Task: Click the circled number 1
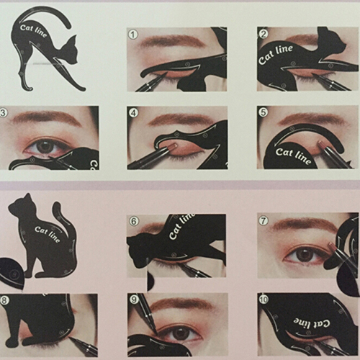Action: pyautogui.click(x=133, y=35)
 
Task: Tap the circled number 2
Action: pyautogui.click(x=264, y=34)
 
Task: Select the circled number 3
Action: pyautogui.click(x=3, y=113)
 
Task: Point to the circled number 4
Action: pyautogui.click(x=133, y=113)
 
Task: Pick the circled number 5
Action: pyautogui.click(x=264, y=112)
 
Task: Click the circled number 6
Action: pyautogui.click(x=134, y=221)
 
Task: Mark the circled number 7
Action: pyautogui.click(x=264, y=220)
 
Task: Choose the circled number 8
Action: pyautogui.click(x=4, y=300)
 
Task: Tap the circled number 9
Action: pyautogui.click(x=134, y=300)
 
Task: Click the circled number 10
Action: pyautogui.click(x=264, y=300)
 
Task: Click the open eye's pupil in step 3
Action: pyautogui.click(x=44, y=146)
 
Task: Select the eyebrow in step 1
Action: pyautogui.click(x=172, y=41)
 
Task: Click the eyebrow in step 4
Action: pyautogui.click(x=179, y=120)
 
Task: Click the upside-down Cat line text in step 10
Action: pyautogui.click(x=312, y=324)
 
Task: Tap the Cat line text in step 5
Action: pyautogui.click(x=293, y=156)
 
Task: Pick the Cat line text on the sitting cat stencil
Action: pyautogui.click(x=47, y=234)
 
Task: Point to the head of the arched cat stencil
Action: pyautogui.click(x=71, y=51)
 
